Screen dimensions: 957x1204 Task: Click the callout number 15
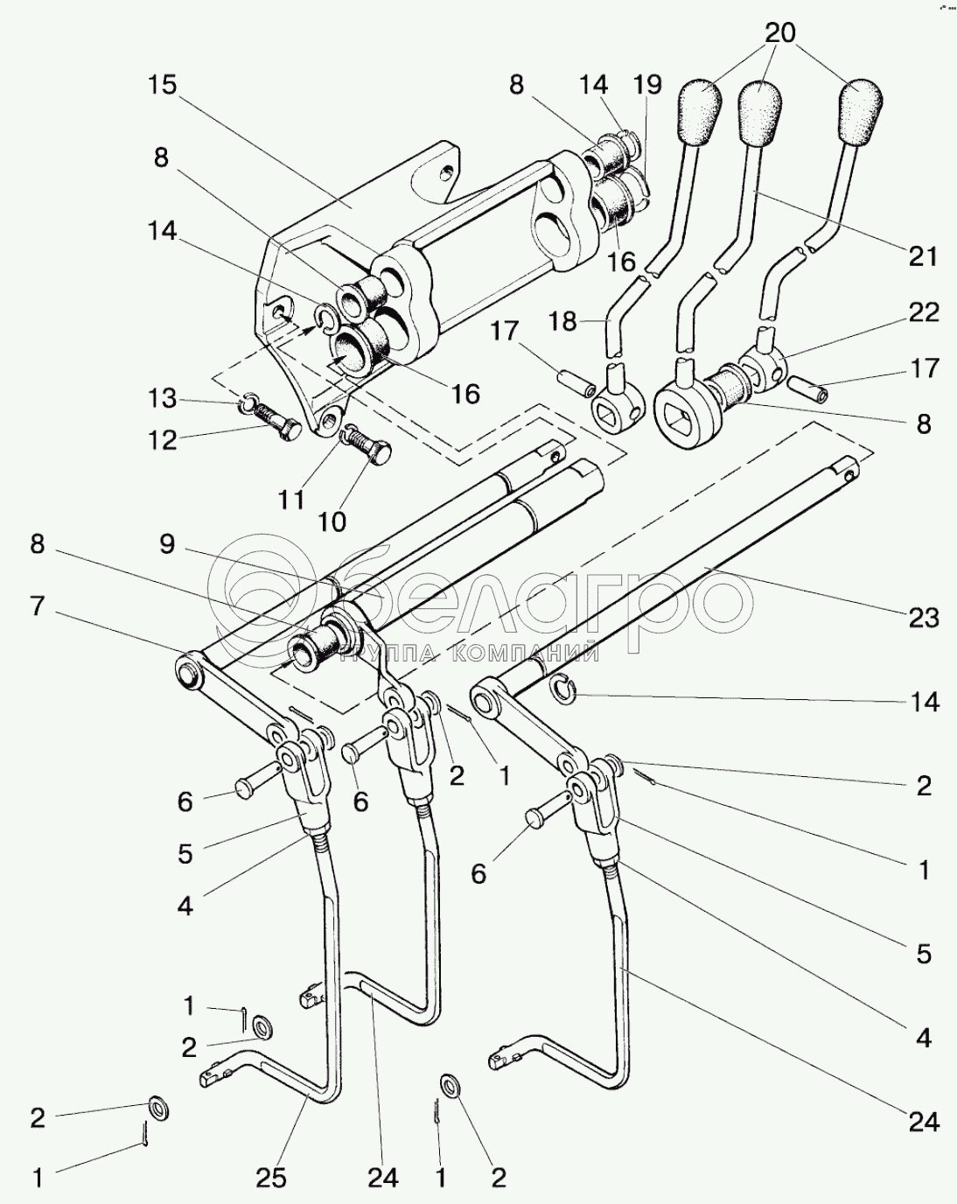click(x=162, y=86)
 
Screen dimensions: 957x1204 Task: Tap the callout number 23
click(x=924, y=619)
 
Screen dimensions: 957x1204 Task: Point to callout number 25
click(x=271, y=1179)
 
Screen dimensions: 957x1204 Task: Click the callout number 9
click(x=167, y=544)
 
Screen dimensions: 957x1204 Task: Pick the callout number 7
click(x=37, y=605)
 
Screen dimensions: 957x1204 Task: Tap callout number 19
click(x=647, y=85)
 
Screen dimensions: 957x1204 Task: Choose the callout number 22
click(x=924, y=312)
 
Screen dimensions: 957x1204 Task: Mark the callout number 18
click(x=562, y=322)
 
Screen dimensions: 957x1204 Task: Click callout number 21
click(x=924, y=256)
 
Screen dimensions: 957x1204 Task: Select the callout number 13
click(x=162, y=398)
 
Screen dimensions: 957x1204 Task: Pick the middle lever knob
click(x=759, y=110)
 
